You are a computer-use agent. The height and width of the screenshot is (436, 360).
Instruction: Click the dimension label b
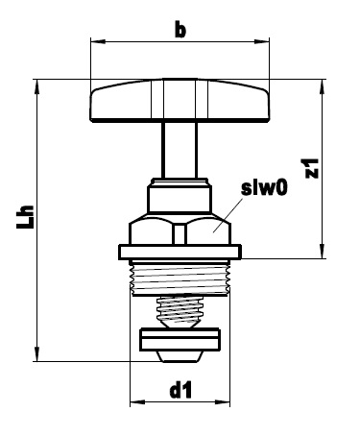pyautogui.click(x=180, y=30)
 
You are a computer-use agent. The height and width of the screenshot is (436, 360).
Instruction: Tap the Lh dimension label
pyautogui.click(x=25, y=216)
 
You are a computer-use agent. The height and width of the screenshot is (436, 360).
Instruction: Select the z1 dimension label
pyautogui.click(x=312, y=168)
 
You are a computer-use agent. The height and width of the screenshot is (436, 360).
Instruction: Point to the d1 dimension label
pyautogui.click(x=180, y=390)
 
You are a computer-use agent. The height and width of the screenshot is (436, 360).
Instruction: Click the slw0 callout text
pyautogui.click(x=265, y=187)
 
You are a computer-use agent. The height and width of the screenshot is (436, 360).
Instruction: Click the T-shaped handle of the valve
pyautogui.click(x=180, y=100)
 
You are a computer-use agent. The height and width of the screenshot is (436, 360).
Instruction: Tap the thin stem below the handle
pyautogui.click(x=180, y=150)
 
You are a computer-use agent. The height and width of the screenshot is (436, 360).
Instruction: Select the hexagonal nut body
pyautogui.click(x=180, y=230)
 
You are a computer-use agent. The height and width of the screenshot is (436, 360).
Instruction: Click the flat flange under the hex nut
pyautogui.click(x=180, y=252)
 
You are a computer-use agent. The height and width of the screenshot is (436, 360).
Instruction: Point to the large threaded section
pyautogui.click(x=180, y=279)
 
